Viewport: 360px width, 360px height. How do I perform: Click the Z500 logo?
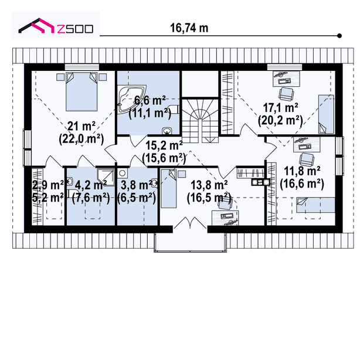pyautogui.click(x=56, y=26)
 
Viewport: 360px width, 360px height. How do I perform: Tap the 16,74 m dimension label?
pyautogui.click(x=189, y=28)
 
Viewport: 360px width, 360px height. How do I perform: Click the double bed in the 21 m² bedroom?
pyautogui.click(x=81, y=91)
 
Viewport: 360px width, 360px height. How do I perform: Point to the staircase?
pyautogui.click(x=200, y=121)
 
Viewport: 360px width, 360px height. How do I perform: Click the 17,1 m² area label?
pyautogui.click(x=280, y=107)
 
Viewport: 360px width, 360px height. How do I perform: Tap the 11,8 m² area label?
pyautogui.click(x=302, y=171)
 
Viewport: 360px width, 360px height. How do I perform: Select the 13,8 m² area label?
pyautogui.click(x=209, y=185)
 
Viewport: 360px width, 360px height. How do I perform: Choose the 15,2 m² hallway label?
pyautogui.click(x=164, y=145)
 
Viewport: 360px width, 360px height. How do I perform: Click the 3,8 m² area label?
pyautogui.click(x=136, y=185)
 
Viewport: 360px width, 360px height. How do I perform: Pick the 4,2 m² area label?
pyautogui.click(x=91, y=185)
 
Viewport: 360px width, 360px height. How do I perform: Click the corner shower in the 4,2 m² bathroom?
pyautogui.click(x=106, y=177)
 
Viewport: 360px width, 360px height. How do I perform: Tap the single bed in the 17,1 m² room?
pyautogui.click(x=326, y=114)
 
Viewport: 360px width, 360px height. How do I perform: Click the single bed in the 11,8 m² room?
pyautogui.click(x=315, y=205)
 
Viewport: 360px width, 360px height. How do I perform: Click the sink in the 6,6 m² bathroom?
pyautogui.click(x=167, y=131)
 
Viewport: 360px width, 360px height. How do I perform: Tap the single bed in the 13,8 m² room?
pyautogui.click(x=168, y=189)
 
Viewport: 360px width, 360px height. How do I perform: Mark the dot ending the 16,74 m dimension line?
pyautogui.click(x=339, y=36)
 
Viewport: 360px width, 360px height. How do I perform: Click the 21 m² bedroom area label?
pyautogui.click(x=81, y=126)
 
